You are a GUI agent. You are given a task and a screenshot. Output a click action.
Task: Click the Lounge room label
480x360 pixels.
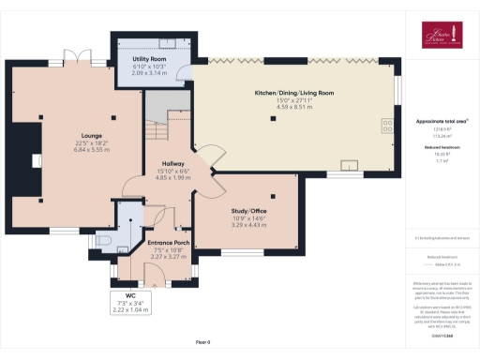point(91,136)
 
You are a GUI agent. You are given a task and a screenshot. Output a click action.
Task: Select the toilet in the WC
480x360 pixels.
point(104,241)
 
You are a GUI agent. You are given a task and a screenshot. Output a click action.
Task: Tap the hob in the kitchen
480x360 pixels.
point(386,125)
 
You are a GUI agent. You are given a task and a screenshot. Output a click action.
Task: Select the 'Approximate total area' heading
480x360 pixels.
point(433,121)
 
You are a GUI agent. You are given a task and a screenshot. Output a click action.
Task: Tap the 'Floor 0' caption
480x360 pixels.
point(202,344)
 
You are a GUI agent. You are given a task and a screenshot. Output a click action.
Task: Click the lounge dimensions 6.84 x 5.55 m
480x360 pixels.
point(91,150)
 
